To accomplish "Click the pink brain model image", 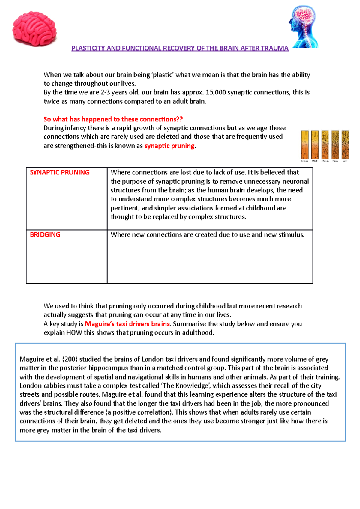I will pyautogui.click(x=34, y=29).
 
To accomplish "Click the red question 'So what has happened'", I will pyautogui.click(x=113, y=119).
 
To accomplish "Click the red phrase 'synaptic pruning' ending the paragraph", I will pyautogui.click(x=169, y=146).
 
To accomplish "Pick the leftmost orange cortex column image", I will pyautogui.click(x=305, y=145).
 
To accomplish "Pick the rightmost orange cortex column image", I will pyautogui.click(x=345, y=145).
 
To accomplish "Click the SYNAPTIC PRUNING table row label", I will pyautogui.click(x=60, y=172).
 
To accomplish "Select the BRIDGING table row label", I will pyautogui.click(x=45, y=235).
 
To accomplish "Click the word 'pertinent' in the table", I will pyautogui.click(x=125, y=208).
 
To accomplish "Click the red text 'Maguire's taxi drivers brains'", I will pyautogui.click(x=127, y=324).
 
